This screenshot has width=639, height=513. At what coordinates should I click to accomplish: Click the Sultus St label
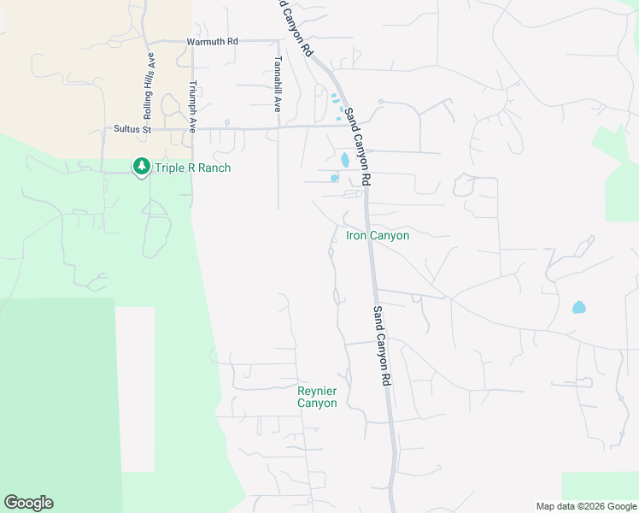pos(132,129)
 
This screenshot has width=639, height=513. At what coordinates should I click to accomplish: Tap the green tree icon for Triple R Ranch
pos(141,167)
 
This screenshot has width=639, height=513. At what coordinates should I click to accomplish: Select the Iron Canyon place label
pos(377,235)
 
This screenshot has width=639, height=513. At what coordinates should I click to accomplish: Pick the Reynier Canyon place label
pos(317,397)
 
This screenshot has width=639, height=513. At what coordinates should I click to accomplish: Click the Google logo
pos(28,503)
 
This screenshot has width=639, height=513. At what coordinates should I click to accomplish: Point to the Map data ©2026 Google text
pos(586,506)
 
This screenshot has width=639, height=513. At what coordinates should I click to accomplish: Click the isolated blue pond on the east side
pos(579,307)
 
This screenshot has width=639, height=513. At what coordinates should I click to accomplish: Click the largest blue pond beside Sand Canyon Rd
pos(345,159)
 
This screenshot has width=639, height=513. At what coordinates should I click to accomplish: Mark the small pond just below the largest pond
pos(335,178)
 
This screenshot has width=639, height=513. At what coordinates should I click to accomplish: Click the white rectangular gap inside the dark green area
pos(135,389)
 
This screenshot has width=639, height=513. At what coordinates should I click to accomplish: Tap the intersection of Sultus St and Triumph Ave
pos(192,129)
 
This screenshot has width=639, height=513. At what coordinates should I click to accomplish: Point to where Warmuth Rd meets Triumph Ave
pos(192,41)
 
